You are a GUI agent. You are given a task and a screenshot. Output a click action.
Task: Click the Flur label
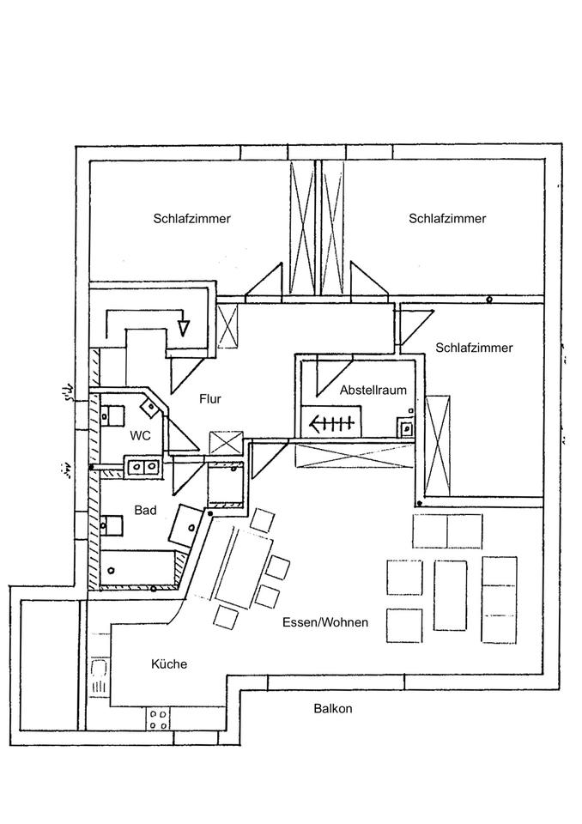[x=211, y=399]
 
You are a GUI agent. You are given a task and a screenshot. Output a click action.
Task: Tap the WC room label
[x=141, y=436]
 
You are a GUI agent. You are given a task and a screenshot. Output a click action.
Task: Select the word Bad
[x=145, y=510]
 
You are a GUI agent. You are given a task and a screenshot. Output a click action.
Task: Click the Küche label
[x=169, y=663]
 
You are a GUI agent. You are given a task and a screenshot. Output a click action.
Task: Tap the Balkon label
[x=333, y=709]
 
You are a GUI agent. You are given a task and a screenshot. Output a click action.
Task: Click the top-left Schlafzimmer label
[x=191, y=219]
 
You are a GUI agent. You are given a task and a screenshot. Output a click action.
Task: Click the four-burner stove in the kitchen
[x=157, y=719]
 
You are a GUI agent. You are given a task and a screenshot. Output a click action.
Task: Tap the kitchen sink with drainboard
[x=100, y=676]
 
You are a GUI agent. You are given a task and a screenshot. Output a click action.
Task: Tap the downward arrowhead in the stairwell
[x=182, y=327]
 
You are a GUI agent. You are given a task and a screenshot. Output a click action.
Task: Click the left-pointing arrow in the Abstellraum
[x=331, y=422]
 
